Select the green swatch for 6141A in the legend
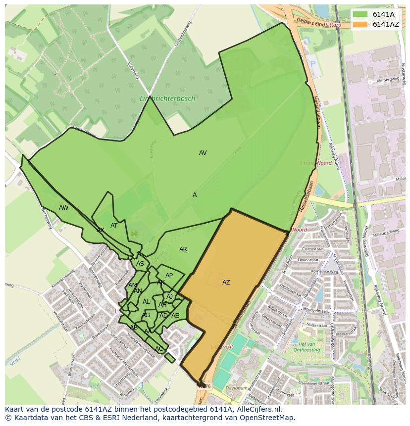click(x=360, y=14)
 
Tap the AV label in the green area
click(x=203, y=153)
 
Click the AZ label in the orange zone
click(x=226, y=283)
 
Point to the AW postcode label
click(x=63, y=208)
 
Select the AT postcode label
click(x=114, y=226)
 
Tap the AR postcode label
click(x=183, y=249)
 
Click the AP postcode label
click(x=169, y=276)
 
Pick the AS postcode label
click(x=140, y=264)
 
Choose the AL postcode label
click(x=146, y=302)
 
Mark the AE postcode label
click(x=175, y=316)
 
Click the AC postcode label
click(x=158, y=349)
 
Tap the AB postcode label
click(x=133, y=328)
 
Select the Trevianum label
click(x=236, y=388)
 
